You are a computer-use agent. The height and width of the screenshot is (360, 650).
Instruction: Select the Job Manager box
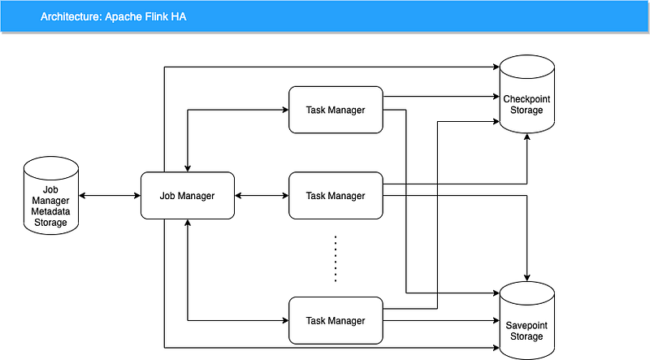pyautogui.click(x=188, y=196)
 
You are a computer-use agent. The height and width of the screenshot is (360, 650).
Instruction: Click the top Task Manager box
pyautogui.click(x=336, y=109)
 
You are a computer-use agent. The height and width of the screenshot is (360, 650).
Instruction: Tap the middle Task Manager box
pyautogui.click(x=336, y=196)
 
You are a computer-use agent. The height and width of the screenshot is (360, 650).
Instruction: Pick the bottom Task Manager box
pyautogui.click(x=336, y=320)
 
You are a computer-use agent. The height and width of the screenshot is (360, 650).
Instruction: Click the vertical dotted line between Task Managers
pyautogui.click(x=336, y=258)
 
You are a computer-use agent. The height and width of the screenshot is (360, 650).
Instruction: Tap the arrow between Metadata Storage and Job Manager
pyautogui.click(x=110, y=196)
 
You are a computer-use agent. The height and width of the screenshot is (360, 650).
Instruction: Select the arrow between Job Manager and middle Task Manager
pyautogui.click(x=262, y=196)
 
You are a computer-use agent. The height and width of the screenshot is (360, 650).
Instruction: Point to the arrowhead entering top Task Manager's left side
pyautogui.click(x=284, y=109)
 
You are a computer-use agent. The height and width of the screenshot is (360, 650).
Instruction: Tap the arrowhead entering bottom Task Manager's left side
pyautogui.click(x=284, y=320)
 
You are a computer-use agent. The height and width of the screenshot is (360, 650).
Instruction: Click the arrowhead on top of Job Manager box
pyautogui.click(x=188, y=168)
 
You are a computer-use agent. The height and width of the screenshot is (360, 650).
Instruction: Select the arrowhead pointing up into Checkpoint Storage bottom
pyautogui.click(x=528, y=139)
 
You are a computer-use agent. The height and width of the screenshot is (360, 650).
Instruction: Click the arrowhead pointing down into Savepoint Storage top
pyautogui.click(x=528, y=278)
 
